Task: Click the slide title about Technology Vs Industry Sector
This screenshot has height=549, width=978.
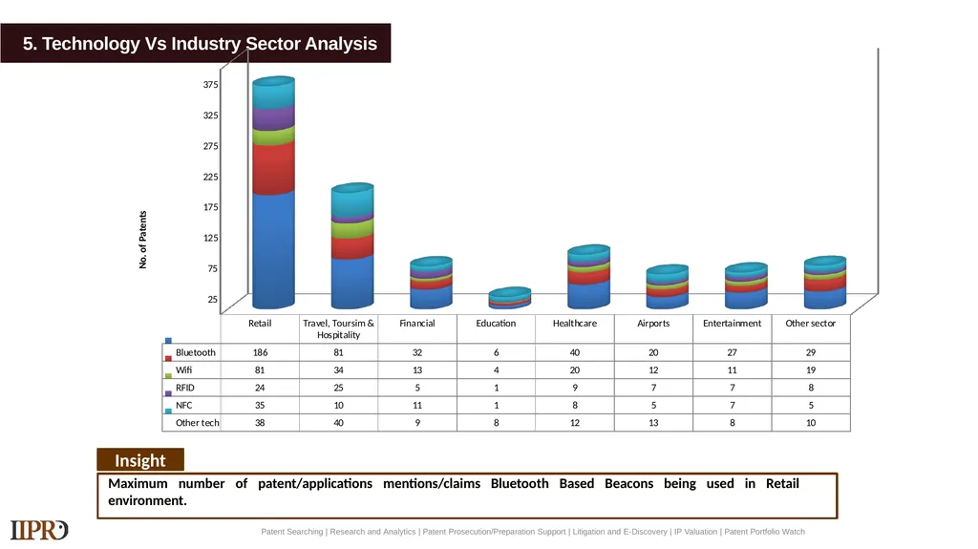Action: pyautogui.click(x=200, y=44)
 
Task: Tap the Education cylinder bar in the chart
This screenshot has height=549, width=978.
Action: pyautogui.click(x=510, y=298)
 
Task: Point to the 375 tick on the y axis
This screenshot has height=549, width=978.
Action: pyautogui.click(x=211, y=84)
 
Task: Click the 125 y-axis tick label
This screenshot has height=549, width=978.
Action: pyautogui.click(x=211, y=238)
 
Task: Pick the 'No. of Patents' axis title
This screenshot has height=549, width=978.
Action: pyautogui.click(x=143, y=240)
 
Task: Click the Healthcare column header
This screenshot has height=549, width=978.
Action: pyautogui.click(x=574, y=323)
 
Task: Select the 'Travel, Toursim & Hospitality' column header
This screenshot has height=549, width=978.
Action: pyautogui.click(x=338, y=328)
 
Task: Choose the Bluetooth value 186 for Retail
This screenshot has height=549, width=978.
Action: pyautogui.click(x=260, y=352)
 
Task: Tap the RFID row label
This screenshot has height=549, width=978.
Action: pyautogui.click(x=184, y=388)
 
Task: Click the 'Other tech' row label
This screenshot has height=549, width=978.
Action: pyautogui.click(x=197, y=422)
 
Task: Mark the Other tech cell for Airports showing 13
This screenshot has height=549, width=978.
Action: pyautogui.click(x=653, y=422)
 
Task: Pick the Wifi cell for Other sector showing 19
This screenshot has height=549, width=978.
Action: pyautogui.click(x=811, y=370)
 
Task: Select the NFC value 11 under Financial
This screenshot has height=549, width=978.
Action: pyautogui.click(x=417, y=405)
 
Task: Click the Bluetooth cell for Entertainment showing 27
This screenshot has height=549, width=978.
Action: pyautogui.click(x=732, y=352)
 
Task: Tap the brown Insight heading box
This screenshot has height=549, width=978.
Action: pyautogui.click(x=140, y=460)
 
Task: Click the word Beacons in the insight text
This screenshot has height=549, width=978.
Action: pyautogui.click(x=628, y=483)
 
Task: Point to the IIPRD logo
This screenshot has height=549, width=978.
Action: pyautogui.click(x=38, y=530)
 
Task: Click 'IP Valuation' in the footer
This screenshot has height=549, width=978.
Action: pyautogui.click(x=695, y=532)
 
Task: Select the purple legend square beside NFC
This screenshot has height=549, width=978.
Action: pyautogui.click(x=168, y=393)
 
